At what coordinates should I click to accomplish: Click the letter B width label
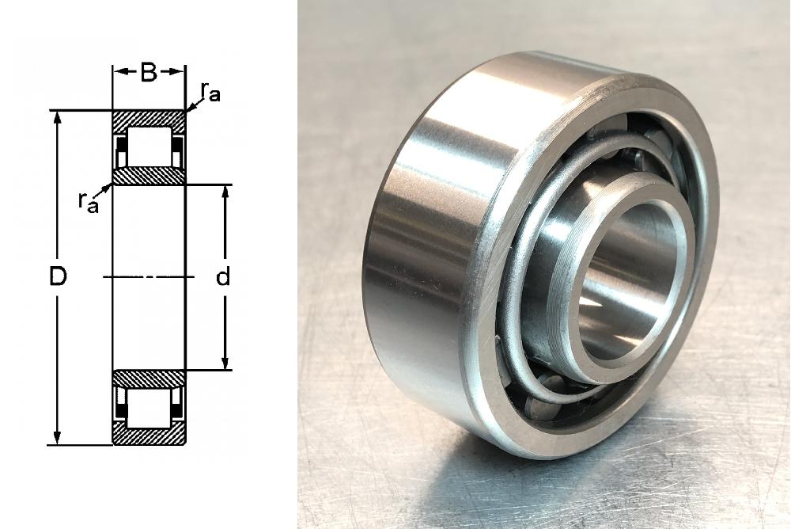pyautogui.click(x=149, y=73)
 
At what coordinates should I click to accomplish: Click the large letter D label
pyautogui.click(x=58, y=277)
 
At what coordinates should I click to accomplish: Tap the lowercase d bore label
pyautogui.click(x=223, y=277)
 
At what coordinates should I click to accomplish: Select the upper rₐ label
pyautogui.click(x=210, y=92)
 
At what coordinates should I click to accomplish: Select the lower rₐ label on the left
pyautogui.click(x=88, y=202)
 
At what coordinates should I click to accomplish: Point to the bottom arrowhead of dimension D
pyautogui.click(x=58, y=438)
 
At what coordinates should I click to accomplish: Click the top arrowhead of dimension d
pyautogui.click(x=225, y=193)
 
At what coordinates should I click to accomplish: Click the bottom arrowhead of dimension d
pyautogui.click(x=225, y=363)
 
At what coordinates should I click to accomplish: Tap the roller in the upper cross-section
pyautogui.click(x=149, y=147)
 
